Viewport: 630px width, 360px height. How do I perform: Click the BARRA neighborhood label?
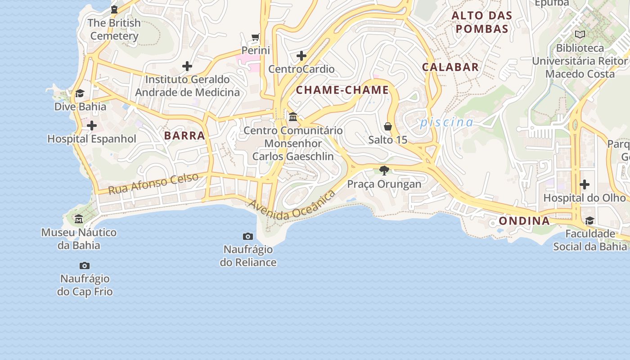(x=184, y=135)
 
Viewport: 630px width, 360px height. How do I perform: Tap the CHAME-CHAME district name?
(x=342, y=90)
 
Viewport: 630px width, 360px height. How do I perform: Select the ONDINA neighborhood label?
(x=524, y=221)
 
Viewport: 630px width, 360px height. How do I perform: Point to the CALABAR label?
(x=450, y=67)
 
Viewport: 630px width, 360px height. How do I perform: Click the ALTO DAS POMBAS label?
(x=482, y=22)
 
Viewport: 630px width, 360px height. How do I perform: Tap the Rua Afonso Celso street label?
(x=153, y=184)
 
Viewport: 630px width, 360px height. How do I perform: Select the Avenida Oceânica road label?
(x=292, y=206)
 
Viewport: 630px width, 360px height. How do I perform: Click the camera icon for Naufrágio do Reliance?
(x=248, y=236)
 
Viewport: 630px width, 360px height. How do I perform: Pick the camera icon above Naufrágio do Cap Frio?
(x=85, y=265)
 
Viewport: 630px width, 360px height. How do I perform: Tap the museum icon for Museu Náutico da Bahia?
(x=79, y=219)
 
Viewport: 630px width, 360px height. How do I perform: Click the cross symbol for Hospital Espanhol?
(x=92, y=125)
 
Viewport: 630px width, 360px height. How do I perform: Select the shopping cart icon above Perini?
(x=256, y=37)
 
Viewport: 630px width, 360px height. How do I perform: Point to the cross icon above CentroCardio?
(x=301, y=56)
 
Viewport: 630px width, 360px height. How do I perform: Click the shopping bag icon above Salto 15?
(x=388, y=126)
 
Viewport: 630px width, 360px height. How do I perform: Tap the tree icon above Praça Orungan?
(x=384, y=170)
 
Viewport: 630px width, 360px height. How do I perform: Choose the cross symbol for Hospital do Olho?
(x=585, y=184)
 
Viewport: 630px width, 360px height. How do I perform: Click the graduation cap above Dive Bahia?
(x=80, y=93)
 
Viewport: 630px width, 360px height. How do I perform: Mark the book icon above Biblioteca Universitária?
(x=580, y=34)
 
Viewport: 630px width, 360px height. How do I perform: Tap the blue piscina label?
(x=446, y=122)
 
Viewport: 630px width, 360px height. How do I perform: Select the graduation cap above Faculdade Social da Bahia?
(x=589, y=220)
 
